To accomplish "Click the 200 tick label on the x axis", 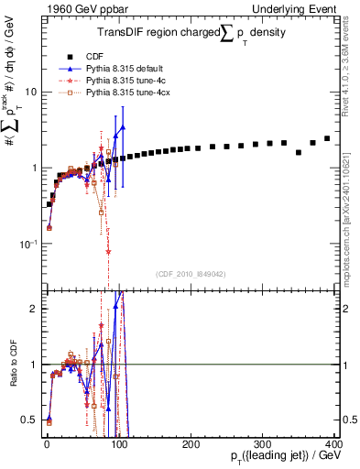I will click(191, 444).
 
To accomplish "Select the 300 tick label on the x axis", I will click(262, 444).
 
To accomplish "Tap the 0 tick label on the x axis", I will click(47, 444).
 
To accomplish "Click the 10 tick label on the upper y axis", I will click(29, 92).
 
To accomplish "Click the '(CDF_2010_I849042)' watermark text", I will click(191, 273).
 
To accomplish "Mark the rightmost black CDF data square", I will click(327, 138).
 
